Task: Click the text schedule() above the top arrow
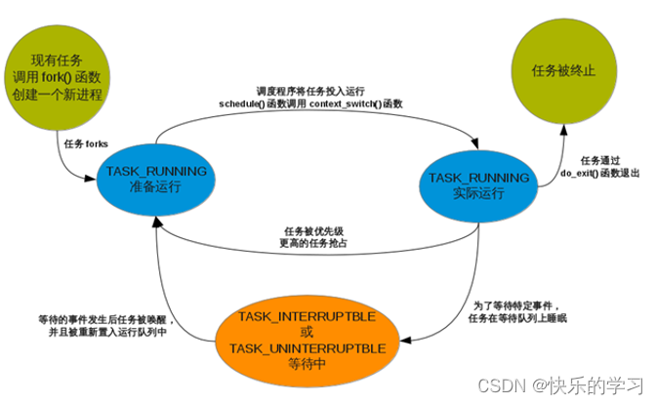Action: (x=243, y=101)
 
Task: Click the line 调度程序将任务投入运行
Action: (x=310, y=90)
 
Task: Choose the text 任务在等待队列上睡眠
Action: (x=516, y=318)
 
